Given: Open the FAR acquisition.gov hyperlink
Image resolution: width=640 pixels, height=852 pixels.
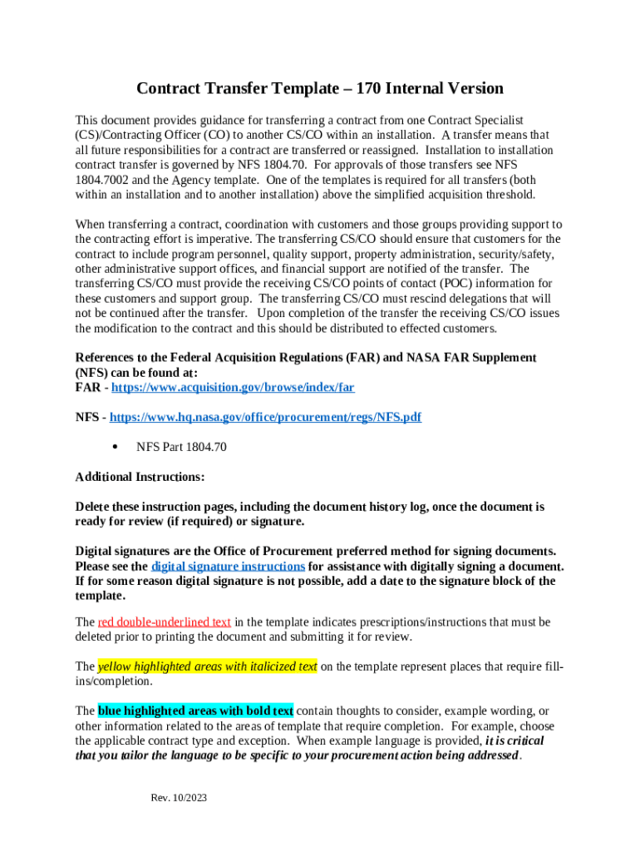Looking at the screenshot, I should [x=233, y=387].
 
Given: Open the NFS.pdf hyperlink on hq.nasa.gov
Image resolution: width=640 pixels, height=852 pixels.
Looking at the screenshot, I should [x=265, y=417].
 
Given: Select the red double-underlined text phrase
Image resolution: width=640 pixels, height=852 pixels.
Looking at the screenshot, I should [x=164, y=622].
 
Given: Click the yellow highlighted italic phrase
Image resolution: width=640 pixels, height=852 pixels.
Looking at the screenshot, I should [x=207, y=666].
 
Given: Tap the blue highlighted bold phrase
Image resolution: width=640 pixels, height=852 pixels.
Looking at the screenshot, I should [x=195, y=711].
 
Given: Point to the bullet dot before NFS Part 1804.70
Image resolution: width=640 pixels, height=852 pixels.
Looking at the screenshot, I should [x=114, y=447].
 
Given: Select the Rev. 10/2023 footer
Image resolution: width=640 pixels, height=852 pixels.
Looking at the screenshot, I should [x=179, y=798].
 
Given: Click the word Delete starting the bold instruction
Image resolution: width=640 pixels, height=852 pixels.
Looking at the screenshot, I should [x=94, y=507].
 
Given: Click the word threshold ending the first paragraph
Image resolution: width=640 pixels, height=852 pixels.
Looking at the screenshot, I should [x=510, y=194].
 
